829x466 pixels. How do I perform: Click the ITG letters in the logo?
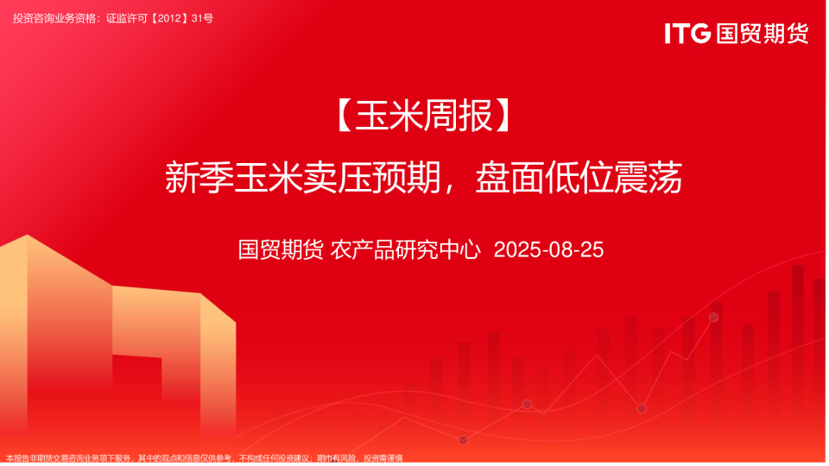[687, 34]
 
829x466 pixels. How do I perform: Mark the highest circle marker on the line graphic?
[713, 318]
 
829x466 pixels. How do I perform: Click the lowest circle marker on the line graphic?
[463, 440]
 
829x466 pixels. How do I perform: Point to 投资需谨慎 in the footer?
[383, 458]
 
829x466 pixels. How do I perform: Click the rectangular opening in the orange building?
[136, 393]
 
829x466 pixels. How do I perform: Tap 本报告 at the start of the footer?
[16, 458]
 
